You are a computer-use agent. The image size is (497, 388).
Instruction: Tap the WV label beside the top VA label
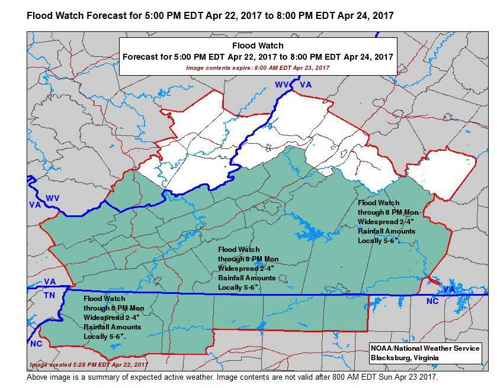pyautogui.click(x=282, y=85)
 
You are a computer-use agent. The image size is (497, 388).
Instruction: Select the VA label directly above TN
pyautogui.click(x=50, y=282)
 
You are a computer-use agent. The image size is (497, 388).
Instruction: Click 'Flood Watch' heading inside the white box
pyautogui.click(x=257, y=46)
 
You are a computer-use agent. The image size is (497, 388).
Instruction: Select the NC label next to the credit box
pyautogui.click(x=433, y=302)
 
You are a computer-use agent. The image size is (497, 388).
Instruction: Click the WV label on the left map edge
pyautogui.click(x=52, y=198)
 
